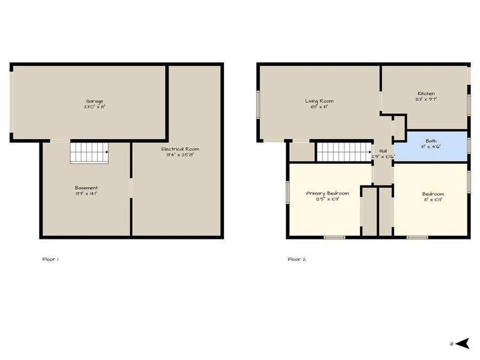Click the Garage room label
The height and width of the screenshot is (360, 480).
click(95, 101)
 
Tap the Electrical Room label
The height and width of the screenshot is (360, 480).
click(180, 149)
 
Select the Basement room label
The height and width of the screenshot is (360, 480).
click(86, 188)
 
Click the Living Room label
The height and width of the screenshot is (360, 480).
click(319, 101)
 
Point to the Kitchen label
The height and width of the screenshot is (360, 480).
click(426, 94)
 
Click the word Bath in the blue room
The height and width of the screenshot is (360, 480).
click(431, 141)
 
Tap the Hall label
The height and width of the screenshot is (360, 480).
click(383, 151)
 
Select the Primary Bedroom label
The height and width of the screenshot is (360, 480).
click(327, 193)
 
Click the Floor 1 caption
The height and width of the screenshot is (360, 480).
click(50, 259)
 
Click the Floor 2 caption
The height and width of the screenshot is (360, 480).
click(297, 259)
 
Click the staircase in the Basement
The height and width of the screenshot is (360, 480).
click(89, 153)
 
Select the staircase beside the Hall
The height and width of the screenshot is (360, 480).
click(343, 151)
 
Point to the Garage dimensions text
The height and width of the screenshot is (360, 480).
click(95, 107)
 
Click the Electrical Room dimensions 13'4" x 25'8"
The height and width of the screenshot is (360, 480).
click(180, 155)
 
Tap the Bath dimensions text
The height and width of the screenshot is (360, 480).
click(431, 147)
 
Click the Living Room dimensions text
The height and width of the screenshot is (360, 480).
click(319, 107)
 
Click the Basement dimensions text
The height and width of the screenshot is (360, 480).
click(86, 194)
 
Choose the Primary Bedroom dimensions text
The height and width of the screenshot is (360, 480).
click(327, 199)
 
